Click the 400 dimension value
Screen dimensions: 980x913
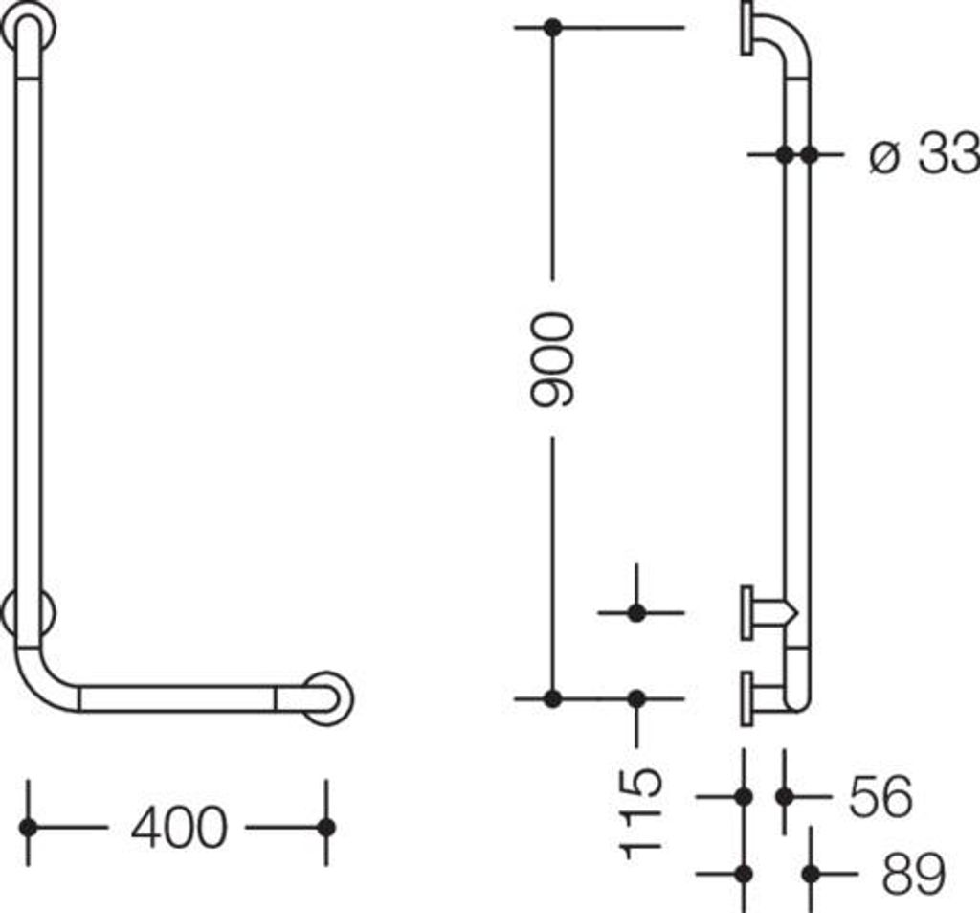179,828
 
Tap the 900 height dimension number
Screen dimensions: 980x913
551,360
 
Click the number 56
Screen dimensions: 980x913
880,796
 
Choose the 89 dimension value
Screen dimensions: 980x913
913,873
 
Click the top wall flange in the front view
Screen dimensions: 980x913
28,26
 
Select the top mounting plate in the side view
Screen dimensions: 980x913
746,28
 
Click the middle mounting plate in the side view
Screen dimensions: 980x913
746,612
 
